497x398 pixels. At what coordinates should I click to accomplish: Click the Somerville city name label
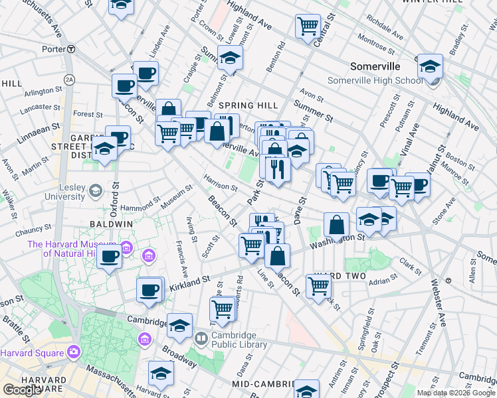click(375, 67)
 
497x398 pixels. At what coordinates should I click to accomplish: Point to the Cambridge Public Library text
click(239, 340)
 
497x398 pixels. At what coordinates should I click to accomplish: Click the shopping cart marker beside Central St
click(308, 27)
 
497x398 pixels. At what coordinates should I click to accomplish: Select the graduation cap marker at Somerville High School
click(430, 66)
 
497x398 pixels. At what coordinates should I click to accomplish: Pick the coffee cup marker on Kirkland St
click(150, 289)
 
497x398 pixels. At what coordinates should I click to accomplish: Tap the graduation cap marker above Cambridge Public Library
click(179, 325)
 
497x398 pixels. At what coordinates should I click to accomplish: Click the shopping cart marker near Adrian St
click(319, 286)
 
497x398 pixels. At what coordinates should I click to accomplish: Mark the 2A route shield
click(69, 80)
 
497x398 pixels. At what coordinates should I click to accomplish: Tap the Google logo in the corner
click(22, 390)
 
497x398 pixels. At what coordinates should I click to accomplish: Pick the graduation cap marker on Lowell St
click(230, 58)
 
